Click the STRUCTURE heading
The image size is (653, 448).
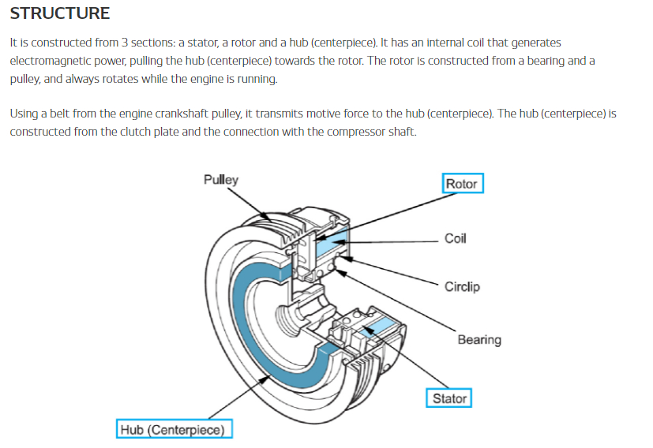[x=59, y=13]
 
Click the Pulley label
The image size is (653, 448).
[x=221, y=180]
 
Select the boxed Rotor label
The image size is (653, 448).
[x=462, y=184]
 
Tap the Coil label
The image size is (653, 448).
[x=455, y=238]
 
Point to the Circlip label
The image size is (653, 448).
[x=462, y=286]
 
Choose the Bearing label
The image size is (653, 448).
[x=479, y=339]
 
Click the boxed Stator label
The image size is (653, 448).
[x=449, y=398]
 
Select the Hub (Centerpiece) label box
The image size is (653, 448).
[x=174, y=429]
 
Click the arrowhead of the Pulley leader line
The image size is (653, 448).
[x=267, y=218]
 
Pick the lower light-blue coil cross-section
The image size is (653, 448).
[x=377, y=327]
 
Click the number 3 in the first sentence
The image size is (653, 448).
[x=125, y=43]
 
